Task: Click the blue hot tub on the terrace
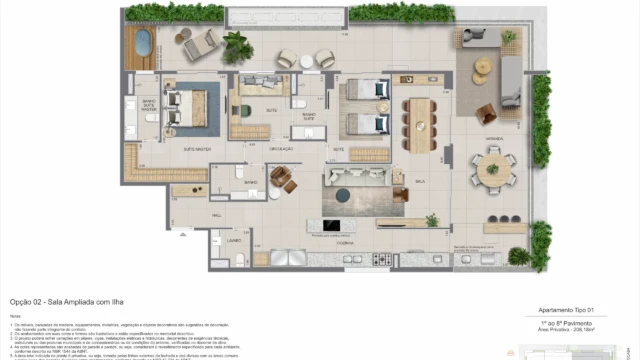point(142,44)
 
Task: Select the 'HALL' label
point(215,214)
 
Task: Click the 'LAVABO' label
point(234,241)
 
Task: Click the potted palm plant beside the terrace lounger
point(237,44)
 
